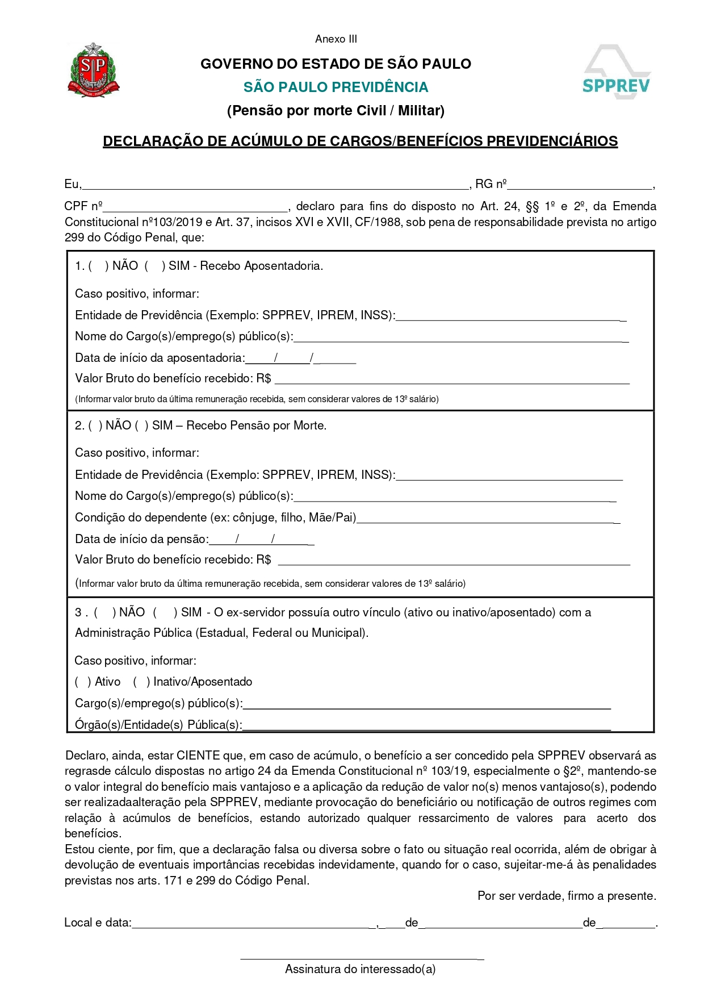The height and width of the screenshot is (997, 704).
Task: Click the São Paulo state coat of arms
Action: point(93,70)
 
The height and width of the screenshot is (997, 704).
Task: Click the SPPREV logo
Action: point(617,73)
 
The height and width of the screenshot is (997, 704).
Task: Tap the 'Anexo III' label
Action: point(336,39)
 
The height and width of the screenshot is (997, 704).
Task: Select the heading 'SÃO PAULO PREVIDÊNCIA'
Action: point(336,87)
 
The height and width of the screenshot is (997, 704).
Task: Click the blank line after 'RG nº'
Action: point(579,185)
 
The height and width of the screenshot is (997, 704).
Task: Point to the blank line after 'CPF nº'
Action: point(196,207)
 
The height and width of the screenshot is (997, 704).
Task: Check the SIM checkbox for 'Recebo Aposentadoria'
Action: point(155,266)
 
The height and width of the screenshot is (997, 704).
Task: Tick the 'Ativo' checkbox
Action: point(83,682)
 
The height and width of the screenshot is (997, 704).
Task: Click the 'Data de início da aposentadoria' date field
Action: point(300,358)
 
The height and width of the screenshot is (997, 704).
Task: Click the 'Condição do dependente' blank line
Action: point(488,518)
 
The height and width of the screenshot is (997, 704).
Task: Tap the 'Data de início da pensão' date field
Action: point(261,540)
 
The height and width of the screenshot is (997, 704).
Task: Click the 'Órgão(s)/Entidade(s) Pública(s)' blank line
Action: point(426,725)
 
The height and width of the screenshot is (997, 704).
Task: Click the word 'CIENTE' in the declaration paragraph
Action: point(198,756)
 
